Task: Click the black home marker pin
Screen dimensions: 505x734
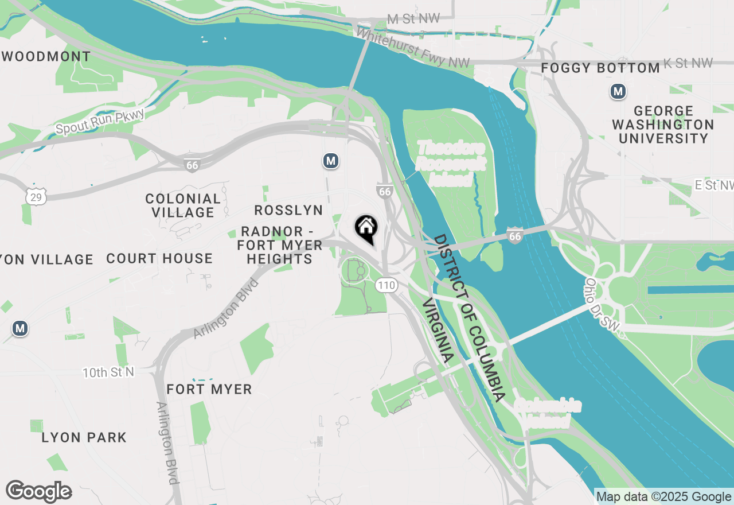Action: (x=366, y=229)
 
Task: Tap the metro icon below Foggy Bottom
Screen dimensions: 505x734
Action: (x=618, y=91)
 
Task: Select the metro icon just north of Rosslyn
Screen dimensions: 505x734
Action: (x=330, y=161)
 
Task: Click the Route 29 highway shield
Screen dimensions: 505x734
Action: (x=36, y=197)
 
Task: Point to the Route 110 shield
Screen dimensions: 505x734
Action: (x=387, y=285)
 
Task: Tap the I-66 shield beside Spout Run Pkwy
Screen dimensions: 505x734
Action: (x=192, y=165)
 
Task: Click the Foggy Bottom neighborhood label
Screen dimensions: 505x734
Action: (x=600, y=68)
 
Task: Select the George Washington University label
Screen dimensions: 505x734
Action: (x=663, y=125)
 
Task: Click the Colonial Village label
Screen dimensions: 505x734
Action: (x=183, y=205)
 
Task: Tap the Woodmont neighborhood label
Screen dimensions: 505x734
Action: (x=47, y=57)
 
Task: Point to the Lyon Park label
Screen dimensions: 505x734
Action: (x=84, y=437)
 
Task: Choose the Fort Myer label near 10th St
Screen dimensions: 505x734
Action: (x=209, y=389)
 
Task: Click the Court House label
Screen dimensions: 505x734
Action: (x=159, y=259)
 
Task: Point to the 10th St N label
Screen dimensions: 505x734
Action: (x=108, y=372)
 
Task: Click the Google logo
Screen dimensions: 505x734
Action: (x=38, y=491)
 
